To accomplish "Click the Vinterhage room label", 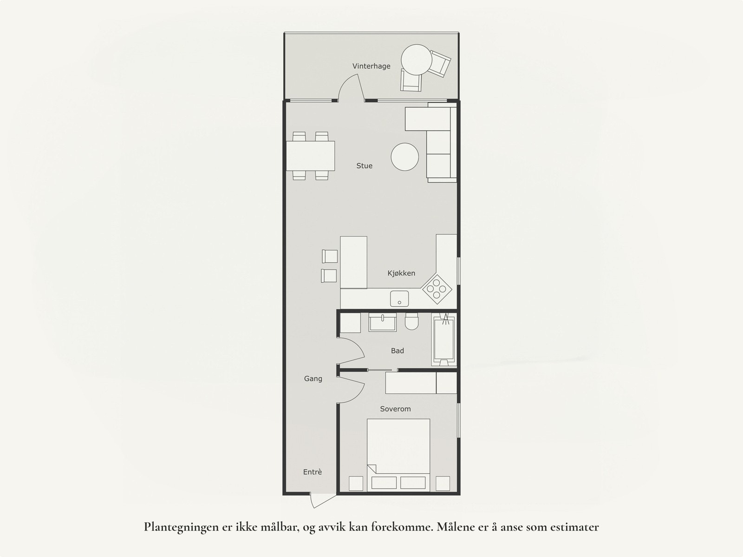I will [371, 66].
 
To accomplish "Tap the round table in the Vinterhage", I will [416, 59].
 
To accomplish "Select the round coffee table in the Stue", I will [405, 157].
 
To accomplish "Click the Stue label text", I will [364, 166].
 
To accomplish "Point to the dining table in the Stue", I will [310, 156].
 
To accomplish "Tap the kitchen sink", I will [399, 298].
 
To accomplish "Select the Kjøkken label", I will [401, 273].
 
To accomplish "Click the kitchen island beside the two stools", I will [353, 262].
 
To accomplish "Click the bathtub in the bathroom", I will [444, 339].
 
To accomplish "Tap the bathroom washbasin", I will [382, 322].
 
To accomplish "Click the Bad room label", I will [397, 351].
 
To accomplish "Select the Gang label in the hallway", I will [313, 378].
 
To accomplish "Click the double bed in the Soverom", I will [398, 449].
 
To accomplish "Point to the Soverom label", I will [395, 409].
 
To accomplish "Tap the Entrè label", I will [313, 472].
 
